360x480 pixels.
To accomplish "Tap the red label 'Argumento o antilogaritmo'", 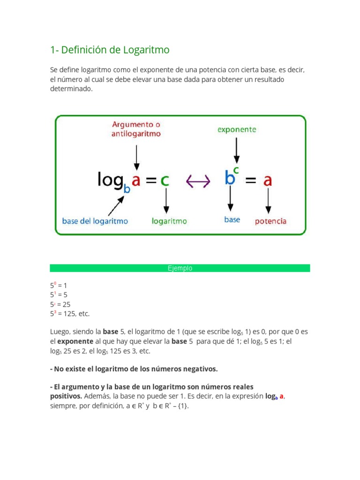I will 136,129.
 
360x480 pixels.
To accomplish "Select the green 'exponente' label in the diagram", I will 237,129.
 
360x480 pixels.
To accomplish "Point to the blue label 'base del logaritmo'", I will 95,220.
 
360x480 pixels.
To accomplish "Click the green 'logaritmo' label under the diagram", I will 169,221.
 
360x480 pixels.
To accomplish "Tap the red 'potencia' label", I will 270,221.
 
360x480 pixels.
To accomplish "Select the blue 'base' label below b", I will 232,219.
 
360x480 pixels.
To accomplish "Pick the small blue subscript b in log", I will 126,188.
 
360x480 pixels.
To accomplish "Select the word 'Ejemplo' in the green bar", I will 180,269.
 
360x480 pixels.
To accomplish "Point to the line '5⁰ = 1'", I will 59,285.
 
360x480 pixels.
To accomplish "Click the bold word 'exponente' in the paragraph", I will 75,342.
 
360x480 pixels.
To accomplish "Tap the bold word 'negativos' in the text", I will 201,369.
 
